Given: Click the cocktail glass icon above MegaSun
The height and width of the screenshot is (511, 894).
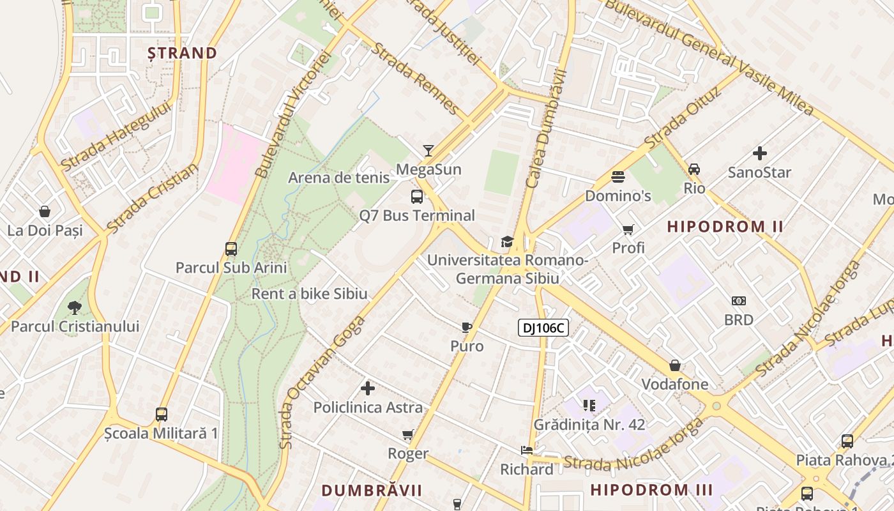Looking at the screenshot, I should tap(428, 151).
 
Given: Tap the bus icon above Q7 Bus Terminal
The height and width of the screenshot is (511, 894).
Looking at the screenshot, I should tap(417, 197).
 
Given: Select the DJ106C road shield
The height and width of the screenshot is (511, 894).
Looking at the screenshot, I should tap(542, 328).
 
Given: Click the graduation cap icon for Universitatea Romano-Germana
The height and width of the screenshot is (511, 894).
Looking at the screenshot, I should tap(507, 241).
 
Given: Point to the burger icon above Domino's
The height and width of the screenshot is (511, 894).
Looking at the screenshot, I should tap(617, 177).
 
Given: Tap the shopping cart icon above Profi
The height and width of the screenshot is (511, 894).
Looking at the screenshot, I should tap(628, 229).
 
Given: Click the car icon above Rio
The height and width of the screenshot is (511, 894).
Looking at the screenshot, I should tap(694, 169).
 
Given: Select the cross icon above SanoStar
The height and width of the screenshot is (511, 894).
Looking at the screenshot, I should tap(759, 153).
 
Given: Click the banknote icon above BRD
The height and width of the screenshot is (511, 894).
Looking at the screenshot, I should tap(739, 301).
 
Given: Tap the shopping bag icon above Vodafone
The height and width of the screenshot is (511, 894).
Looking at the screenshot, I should tap(675, 366).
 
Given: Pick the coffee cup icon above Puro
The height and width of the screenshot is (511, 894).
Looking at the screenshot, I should tap(467, 328).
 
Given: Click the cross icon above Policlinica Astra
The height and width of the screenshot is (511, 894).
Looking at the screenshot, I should tap(368, 388).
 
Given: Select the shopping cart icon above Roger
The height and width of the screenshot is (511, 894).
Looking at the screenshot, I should tap(408, 435).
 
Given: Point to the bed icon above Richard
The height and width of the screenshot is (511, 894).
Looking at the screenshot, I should tap(527, 450).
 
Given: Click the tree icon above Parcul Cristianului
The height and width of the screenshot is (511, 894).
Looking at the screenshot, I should tap(75, 308).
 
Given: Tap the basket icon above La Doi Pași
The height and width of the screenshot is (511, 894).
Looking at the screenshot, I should tap(45, 211).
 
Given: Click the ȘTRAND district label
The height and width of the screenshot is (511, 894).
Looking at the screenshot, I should tap(183, 53).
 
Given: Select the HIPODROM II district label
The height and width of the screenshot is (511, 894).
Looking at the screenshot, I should tap(725, 227).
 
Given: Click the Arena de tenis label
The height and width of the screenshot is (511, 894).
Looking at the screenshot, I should tap(338, 178).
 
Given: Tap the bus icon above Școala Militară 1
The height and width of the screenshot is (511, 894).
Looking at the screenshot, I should tap(162, 415).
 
